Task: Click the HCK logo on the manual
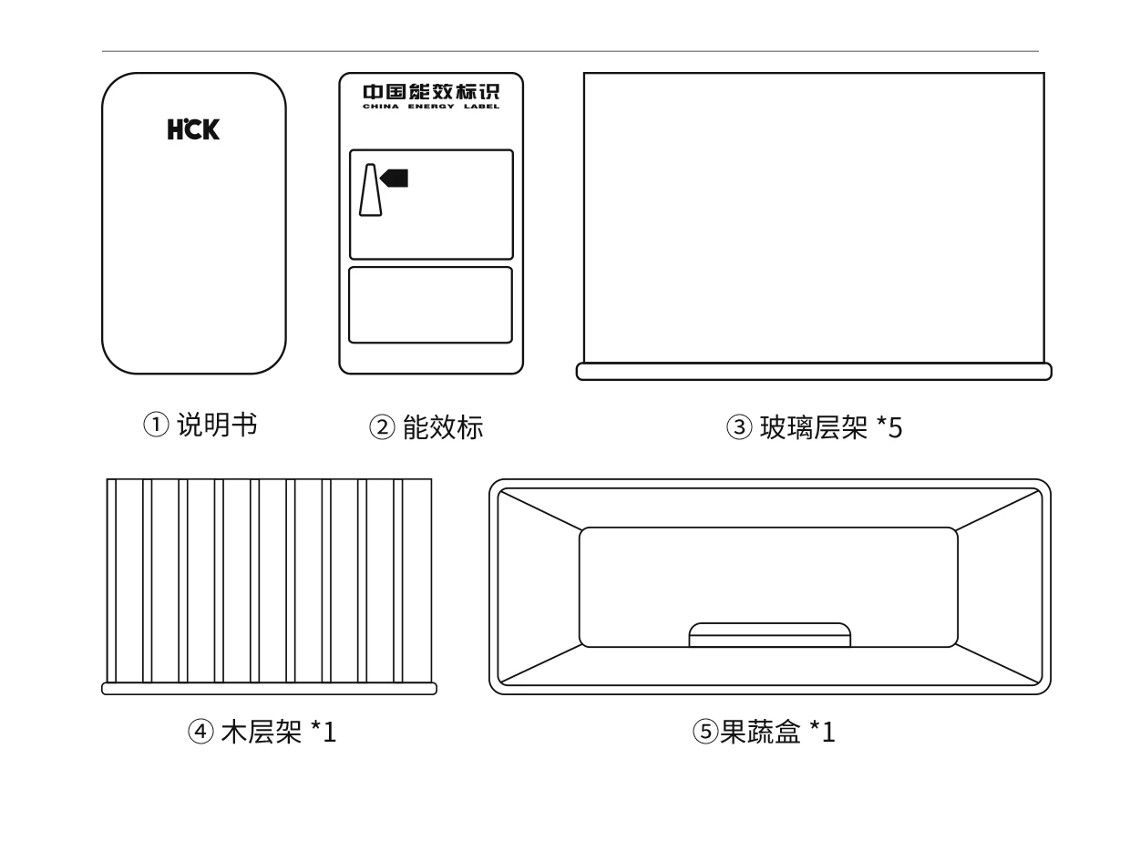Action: point(193,128)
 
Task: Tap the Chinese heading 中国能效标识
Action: point(431,92)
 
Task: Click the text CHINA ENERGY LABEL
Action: point(431,107)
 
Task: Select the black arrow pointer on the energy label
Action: point(395,179)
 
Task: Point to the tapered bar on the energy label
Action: point(370,190)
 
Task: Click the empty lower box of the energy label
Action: point(430,305)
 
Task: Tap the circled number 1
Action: point(156,425)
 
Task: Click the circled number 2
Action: point(382,426)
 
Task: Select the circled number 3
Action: point(739,426)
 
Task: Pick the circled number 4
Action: point(200,732)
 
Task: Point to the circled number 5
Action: point(705,732)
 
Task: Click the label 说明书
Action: point(217,425)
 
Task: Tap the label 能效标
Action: point(443,426)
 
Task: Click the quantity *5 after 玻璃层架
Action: point(889,427)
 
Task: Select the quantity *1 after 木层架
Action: point(324,732)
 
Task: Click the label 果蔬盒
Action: point(760,732)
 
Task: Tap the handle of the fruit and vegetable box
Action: point(770,635)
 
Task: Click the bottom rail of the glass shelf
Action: point(814,372)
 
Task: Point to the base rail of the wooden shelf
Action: point(269,689)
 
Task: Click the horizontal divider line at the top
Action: point(570,51)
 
